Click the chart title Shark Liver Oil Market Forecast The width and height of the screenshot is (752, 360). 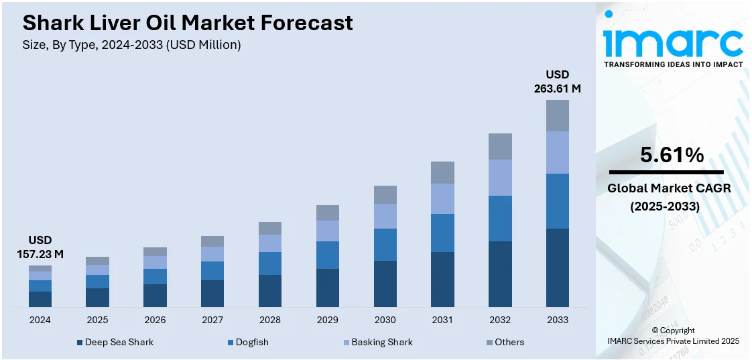pos(188,23)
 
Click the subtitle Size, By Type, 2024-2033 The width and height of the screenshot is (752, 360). pos(132,45)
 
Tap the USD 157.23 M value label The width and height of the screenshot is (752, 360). pos(40,247)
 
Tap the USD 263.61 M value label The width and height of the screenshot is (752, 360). pos(557,81)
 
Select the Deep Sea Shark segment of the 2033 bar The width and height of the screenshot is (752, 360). pos(557,267)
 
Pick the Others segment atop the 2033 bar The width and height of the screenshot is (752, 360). pos(557,115)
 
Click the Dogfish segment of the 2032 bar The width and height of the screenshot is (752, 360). pos(500,219)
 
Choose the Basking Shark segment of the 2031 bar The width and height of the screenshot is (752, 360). pos(442,198)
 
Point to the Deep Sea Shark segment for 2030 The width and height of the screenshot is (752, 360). pos(385,284)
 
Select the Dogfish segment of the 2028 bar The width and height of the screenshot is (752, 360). pos(270,263)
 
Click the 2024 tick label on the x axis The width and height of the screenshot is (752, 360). pos(40,320)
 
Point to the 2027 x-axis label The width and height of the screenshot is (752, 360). pos(212,320)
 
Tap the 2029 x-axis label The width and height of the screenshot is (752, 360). pos(328,320)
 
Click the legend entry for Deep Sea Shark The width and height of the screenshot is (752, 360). pos(115,342)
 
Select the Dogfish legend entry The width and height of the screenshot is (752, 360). pos(247,342)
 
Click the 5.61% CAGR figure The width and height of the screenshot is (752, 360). pos(672,156)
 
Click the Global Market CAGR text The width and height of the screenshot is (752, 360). pos(669,188)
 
